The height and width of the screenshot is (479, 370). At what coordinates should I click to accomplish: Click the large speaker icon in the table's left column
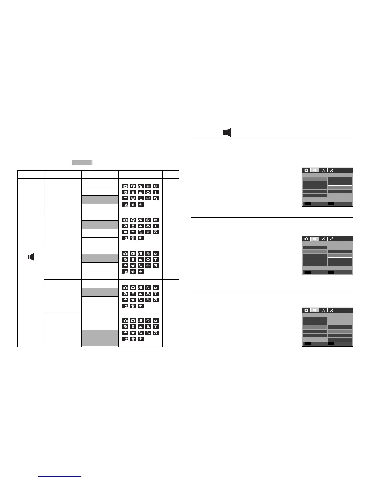[x=31, y=257]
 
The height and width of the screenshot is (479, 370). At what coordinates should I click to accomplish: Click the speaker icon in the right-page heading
[x=227, y=132]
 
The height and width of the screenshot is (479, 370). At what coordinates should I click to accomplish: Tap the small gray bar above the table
[x=82, y=163]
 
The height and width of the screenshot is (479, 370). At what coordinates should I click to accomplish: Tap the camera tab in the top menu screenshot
[x=306, y=170]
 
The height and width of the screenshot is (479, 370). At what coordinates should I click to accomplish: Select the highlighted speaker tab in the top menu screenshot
[x=315, y=170]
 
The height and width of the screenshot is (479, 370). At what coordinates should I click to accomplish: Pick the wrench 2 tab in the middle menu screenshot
[x=332, y=239]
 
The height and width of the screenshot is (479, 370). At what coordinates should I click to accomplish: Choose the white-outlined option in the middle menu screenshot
[x=340, y=256]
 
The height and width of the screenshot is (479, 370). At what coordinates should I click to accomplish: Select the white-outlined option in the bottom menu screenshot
[x=340, y=331]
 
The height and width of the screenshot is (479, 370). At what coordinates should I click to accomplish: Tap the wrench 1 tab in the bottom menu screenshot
[x=323, y=310]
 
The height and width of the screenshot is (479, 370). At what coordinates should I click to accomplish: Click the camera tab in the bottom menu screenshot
[x=306, y=310]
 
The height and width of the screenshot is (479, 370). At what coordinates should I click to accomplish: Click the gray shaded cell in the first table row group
[x=100, y=200]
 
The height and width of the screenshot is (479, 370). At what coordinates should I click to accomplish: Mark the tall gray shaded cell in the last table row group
[x=100, y=338]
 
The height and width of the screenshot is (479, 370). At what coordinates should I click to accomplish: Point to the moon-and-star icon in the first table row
[x=155, y=186]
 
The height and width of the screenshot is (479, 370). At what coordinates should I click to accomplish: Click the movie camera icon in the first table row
[x=141, y=186]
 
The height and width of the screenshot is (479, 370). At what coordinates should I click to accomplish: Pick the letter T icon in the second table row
[x=155, y=226]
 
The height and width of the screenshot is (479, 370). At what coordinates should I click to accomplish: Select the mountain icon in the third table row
[x=141, y=259]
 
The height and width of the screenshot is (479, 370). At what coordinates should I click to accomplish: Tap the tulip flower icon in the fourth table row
[x=148, y=294]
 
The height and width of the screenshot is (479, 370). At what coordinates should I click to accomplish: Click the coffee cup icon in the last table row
[x=141, y=339]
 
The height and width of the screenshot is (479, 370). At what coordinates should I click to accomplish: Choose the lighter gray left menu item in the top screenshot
[x=315, y=179]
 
